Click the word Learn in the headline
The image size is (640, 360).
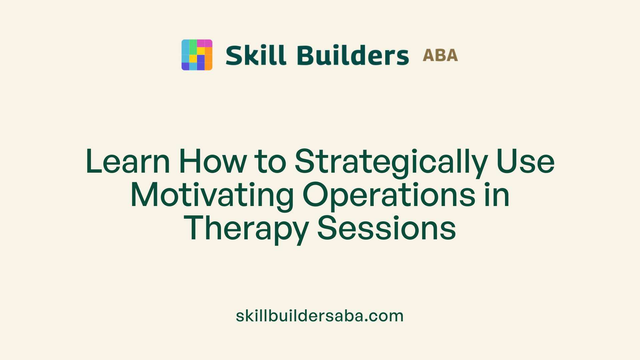[x=128, y=162]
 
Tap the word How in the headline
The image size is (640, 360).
[x=213, y=162]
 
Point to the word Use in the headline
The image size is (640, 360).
[x=525, y=162]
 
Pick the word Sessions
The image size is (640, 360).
[x=386, y=228]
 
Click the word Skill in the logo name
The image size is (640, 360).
[x=256, y=55]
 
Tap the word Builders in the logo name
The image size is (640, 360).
[x=353, y=55]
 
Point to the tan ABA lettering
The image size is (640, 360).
[x=440, y=55]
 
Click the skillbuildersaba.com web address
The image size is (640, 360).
[x=320, y=316]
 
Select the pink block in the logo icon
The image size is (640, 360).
[x=204, y=43]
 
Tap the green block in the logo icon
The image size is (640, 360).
[x=193, y=47]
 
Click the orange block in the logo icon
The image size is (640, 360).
[x=208, y=59]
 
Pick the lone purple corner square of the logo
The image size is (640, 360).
[x=185, y=66]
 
